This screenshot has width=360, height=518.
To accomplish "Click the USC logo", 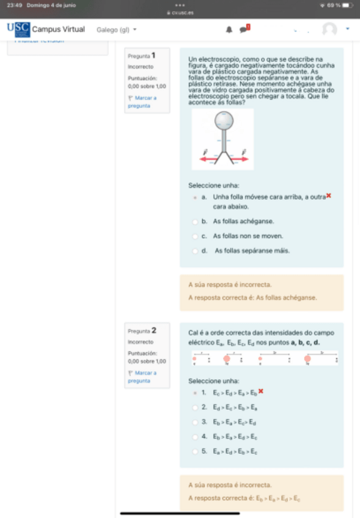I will tap(18, 29).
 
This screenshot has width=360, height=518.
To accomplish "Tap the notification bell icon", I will tap(229, 29).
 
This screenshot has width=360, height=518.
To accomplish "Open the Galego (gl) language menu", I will tap(116, 29).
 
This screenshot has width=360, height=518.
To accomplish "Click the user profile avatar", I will tap(329, 29).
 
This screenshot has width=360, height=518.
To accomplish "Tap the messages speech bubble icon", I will tap(243, 29).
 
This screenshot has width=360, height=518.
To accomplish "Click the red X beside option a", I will tap(329, 195).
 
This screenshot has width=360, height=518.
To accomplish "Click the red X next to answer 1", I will tap(261, 391).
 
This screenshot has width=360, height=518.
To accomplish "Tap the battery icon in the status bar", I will tap(347, 5).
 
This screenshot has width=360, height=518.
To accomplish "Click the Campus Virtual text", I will tap(58, 29).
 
